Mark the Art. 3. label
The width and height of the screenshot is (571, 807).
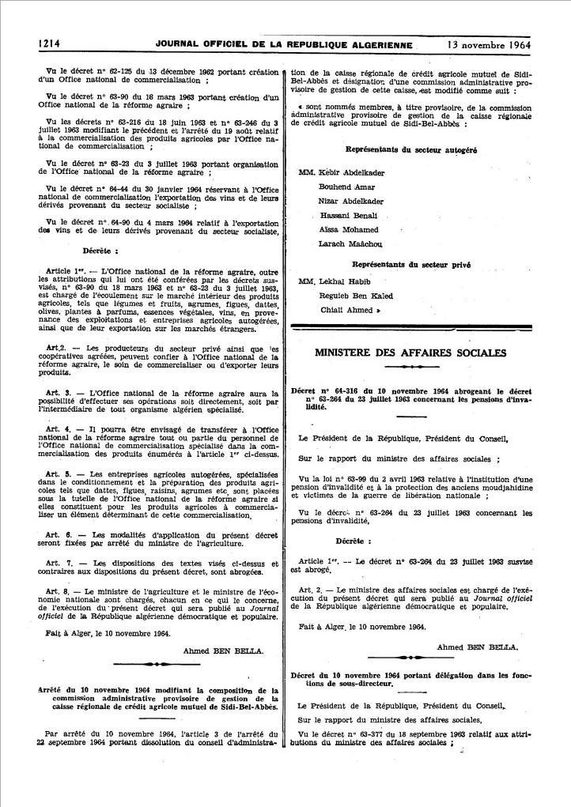60,392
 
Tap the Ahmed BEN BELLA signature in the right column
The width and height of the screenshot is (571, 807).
478,646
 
